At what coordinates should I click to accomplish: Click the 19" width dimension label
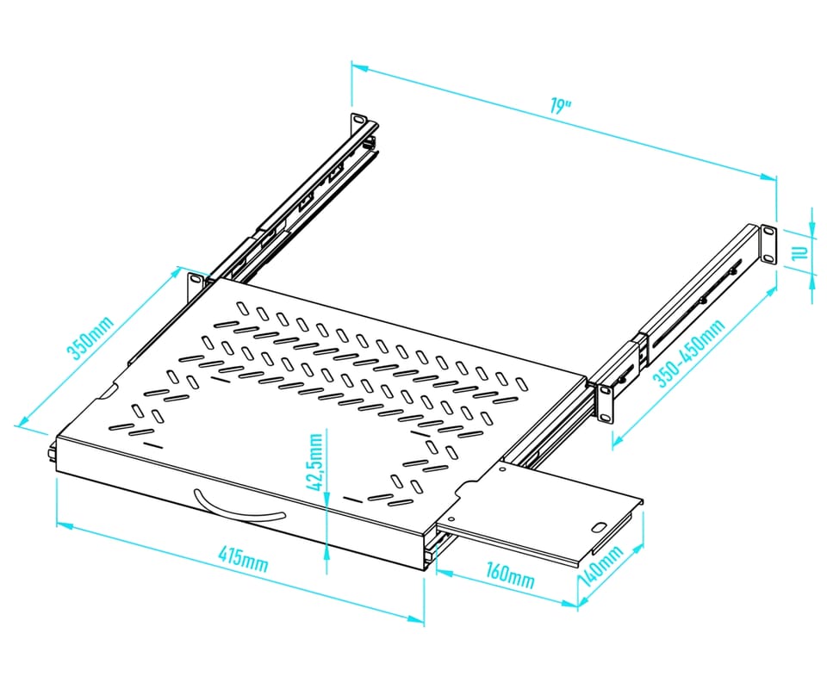tap(560, 105)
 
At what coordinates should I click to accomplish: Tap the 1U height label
tap(800, 252)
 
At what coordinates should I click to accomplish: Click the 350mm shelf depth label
tap(90, 338)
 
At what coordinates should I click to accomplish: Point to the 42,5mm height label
tap(315, 462)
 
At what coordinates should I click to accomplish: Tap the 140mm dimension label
tap(602, 567)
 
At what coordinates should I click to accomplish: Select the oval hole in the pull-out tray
tap(600, 527)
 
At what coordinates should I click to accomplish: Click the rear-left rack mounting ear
tap(358, 122)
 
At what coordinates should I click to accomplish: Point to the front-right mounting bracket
tap(605, 403)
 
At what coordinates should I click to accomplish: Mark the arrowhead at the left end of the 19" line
tap(359, 67)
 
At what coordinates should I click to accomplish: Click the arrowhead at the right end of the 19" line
tap(769, 177)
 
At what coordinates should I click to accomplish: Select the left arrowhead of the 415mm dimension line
tap(65, 525)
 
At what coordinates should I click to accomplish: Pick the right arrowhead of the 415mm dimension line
tap(416, 619)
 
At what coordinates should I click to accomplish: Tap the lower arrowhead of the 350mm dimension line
tap(24, 422)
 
